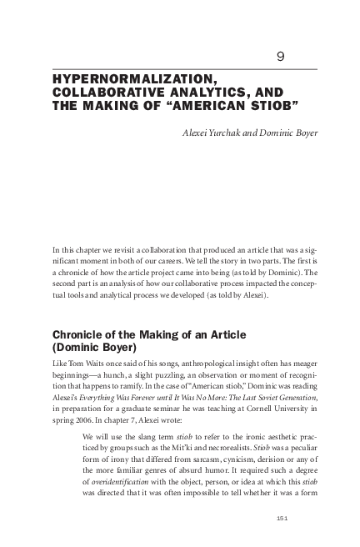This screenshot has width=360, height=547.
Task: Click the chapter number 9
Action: coord(280,57)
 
